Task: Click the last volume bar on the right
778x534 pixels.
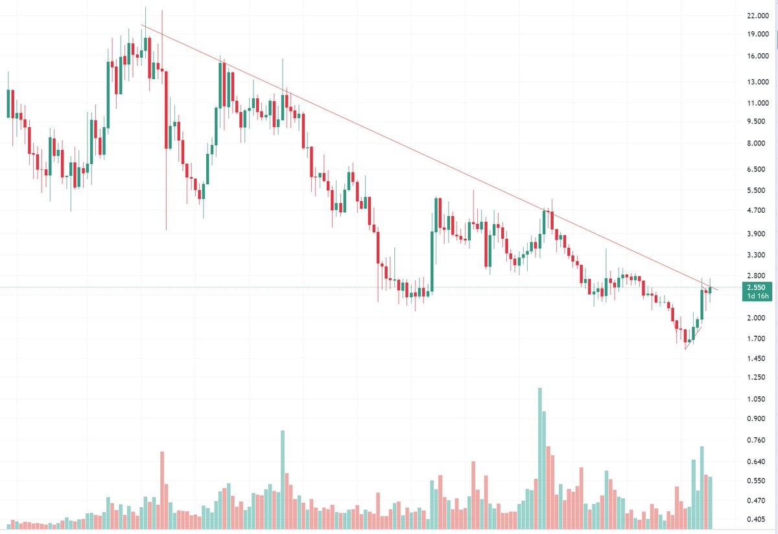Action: tap(710, 502)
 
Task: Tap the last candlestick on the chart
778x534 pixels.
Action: tap(710, 289)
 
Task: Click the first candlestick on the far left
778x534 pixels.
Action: tap(8, 104)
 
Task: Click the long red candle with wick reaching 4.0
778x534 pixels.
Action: tap(166, 110)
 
